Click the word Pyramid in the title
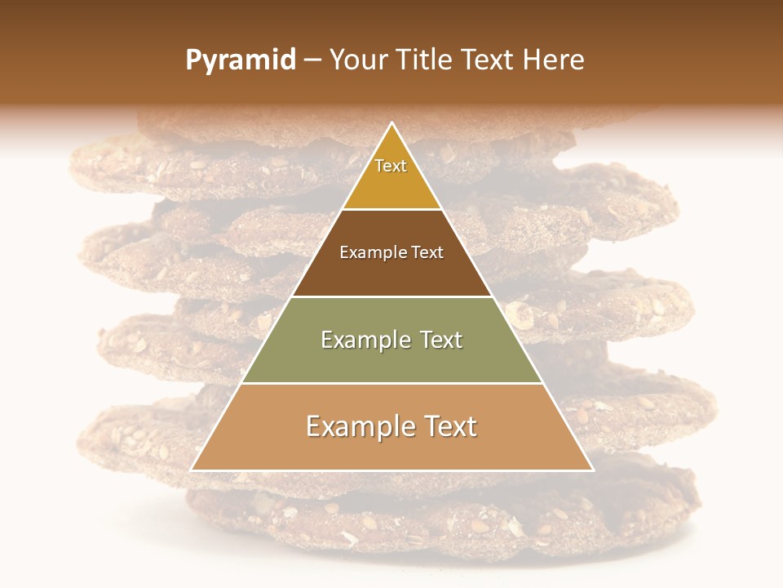click(x=241, y=60)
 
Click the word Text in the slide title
click(x=490, y=60)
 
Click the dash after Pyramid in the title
click(x=312, y=61)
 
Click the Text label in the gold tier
click(x=391, y=166)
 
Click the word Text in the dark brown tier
click(x=428, y=253)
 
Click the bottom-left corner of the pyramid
click(x=192, y=470)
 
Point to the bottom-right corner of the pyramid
click(x=593, y=470)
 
